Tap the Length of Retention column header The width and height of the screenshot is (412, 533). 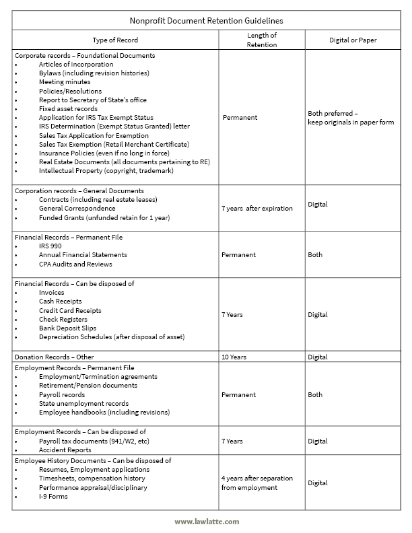261,40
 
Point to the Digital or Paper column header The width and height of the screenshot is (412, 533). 353,40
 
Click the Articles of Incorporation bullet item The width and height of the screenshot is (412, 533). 76,64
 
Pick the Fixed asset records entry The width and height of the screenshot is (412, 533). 68,108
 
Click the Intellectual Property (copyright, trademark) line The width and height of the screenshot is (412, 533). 106,170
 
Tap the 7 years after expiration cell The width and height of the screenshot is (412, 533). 256,208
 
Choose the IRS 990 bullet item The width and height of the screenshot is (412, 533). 51,246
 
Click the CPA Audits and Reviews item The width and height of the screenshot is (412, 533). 75,264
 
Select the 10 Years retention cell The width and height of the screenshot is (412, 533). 236,357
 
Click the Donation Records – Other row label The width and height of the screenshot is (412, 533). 55,357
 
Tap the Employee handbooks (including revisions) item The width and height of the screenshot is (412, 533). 104,412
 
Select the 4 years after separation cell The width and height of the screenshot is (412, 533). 256,483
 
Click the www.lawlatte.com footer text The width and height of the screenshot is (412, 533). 205,521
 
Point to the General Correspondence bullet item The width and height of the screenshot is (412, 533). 77,208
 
